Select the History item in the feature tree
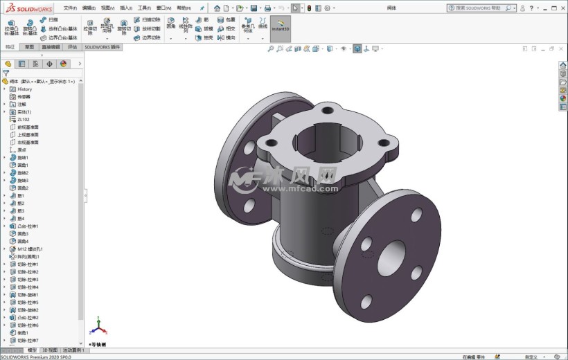coord(24,89)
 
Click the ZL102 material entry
coord(23,119)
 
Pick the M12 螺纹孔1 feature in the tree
coord(30,249)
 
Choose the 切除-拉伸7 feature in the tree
coord(28,340)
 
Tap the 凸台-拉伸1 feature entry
coord(28,226)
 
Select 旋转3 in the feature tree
coord(23,180)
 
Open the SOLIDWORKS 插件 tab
coord(103,47)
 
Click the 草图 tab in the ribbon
coord(29,47)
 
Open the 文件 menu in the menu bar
coord(70,8)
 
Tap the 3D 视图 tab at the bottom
coord(51,350)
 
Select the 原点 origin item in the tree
coord(21,150)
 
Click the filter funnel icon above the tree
coord(6,73)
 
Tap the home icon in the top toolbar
coord(217,8)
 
